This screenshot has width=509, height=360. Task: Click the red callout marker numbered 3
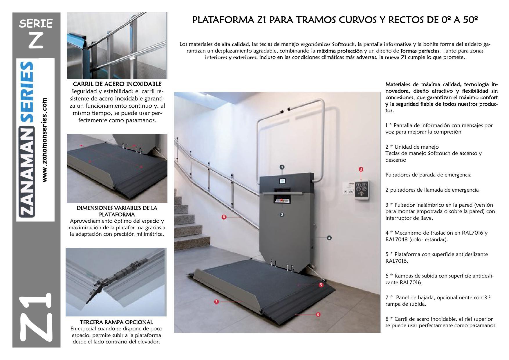coord(361,169)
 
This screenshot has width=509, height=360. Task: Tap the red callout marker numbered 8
coord(224,217)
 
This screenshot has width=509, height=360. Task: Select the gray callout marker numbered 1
coord(282,167)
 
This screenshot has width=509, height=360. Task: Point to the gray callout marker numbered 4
coord(329,238)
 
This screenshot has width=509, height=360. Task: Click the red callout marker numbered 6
coord(321,285)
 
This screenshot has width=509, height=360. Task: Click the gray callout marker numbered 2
coord(282,215)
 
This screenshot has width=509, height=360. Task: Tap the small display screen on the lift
coord(282,181)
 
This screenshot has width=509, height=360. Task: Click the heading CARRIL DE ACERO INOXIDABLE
coord(117,84)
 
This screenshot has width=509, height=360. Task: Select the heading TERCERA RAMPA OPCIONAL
coord(116,322)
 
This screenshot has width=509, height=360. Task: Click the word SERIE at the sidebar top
coord(36,23)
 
